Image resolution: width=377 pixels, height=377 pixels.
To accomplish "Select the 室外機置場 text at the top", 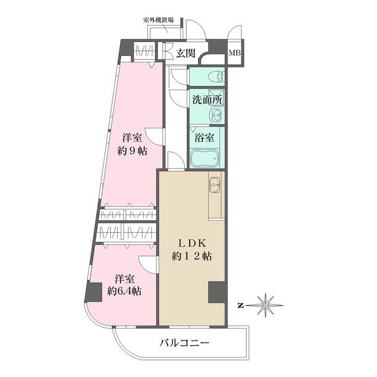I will pyautogui.click(x=158, y=20).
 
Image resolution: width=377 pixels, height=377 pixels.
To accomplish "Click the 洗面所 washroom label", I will pyautogui.click(x=207, y=100).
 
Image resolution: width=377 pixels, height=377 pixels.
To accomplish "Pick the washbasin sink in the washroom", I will pyautogui.click(x=217, y=115).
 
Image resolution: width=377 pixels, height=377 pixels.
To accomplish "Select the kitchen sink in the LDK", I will pyautogui.click(x=215, y=187).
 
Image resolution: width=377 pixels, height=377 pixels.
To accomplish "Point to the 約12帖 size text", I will pyautogui.click(x=191, y=256).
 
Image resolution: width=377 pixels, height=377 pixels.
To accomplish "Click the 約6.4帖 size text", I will pyautogui.click(x=124, y=290).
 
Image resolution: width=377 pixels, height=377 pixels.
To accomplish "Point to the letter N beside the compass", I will pyautogui.click(x=241, y=305).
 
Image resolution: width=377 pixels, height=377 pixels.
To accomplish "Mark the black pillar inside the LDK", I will pyautogui.click(x=216, y=292).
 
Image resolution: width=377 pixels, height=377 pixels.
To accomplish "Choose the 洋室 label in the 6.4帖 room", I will pyautogui.click(x=124, y=277).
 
